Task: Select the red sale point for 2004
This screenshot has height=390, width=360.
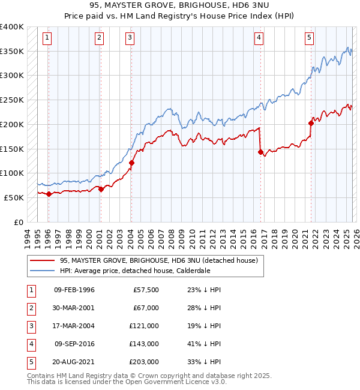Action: point(131,163)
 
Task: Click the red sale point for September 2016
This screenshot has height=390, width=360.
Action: point(260,152)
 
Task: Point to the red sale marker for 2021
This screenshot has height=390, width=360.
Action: point(311,123)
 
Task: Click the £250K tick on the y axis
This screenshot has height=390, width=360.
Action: point(11,100)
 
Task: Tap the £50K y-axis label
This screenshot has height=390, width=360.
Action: point(14,197)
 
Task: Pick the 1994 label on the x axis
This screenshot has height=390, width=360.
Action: point(27,239)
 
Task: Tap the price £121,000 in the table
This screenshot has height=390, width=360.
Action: point(145,326)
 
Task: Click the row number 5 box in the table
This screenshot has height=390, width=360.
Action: point(30,362)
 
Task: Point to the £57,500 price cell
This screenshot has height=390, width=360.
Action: point(146,290)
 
